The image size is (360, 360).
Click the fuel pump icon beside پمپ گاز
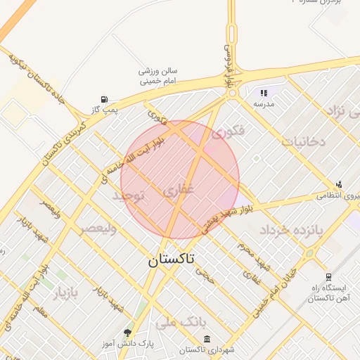105,98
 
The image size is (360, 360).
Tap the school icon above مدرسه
264,93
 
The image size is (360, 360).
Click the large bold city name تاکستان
173,259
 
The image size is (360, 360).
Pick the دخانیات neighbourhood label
304,141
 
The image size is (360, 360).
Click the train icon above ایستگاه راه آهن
328,278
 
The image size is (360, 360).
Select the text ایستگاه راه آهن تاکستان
326,294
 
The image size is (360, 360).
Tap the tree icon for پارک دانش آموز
127,333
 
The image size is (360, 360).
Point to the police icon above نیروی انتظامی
340,184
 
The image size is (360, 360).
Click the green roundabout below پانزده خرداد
308,253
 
